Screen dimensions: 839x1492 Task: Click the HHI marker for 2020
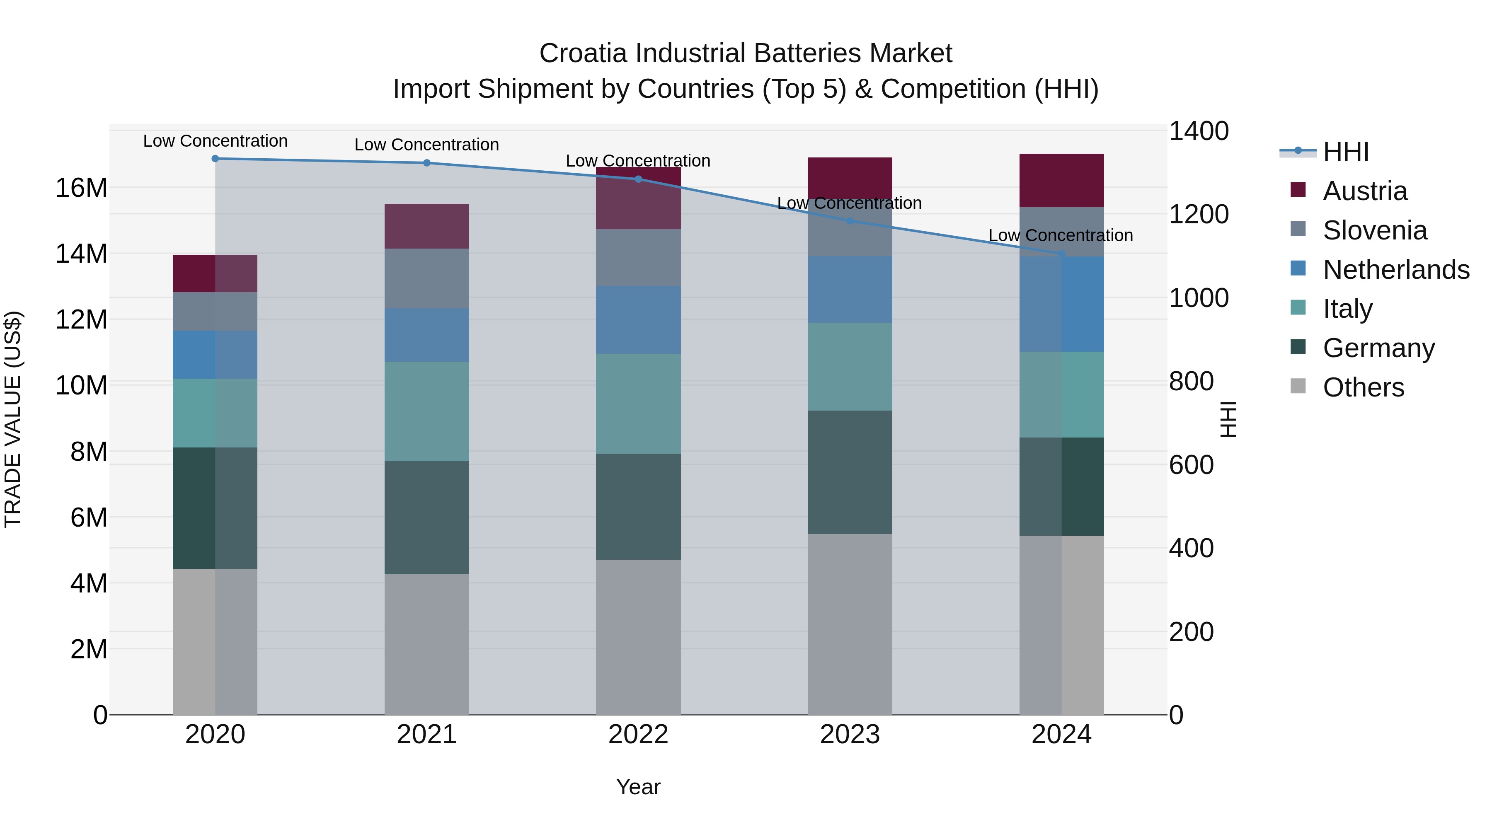click(x=215, y=158)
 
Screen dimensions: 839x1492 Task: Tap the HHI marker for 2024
click(x=1061, y=254)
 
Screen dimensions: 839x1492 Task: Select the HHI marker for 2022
click(x=638, y=179)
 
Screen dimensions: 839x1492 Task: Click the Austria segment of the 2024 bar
click(x=1061, y=180)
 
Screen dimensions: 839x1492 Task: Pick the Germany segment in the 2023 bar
click(x=850, y=472)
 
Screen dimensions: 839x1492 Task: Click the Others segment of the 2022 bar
click(x=638, y=636)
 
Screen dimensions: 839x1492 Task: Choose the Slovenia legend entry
click(x=1374, y=230)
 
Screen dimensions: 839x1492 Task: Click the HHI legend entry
click(x=1345, y=152)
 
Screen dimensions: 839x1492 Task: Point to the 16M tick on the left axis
click(x=81, y=188)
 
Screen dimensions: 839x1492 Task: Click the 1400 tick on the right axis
click(x=1198, y=131)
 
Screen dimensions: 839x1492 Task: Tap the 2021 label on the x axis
click(x=426, y=734)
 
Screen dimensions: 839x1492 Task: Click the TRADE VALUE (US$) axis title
click(x=13, y=419)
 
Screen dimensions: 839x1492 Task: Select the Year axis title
click(x=638, y=787)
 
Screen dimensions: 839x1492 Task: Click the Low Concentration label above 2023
click(x=849, y=203)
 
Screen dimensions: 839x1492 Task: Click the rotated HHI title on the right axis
click(x=1227, y=419)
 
